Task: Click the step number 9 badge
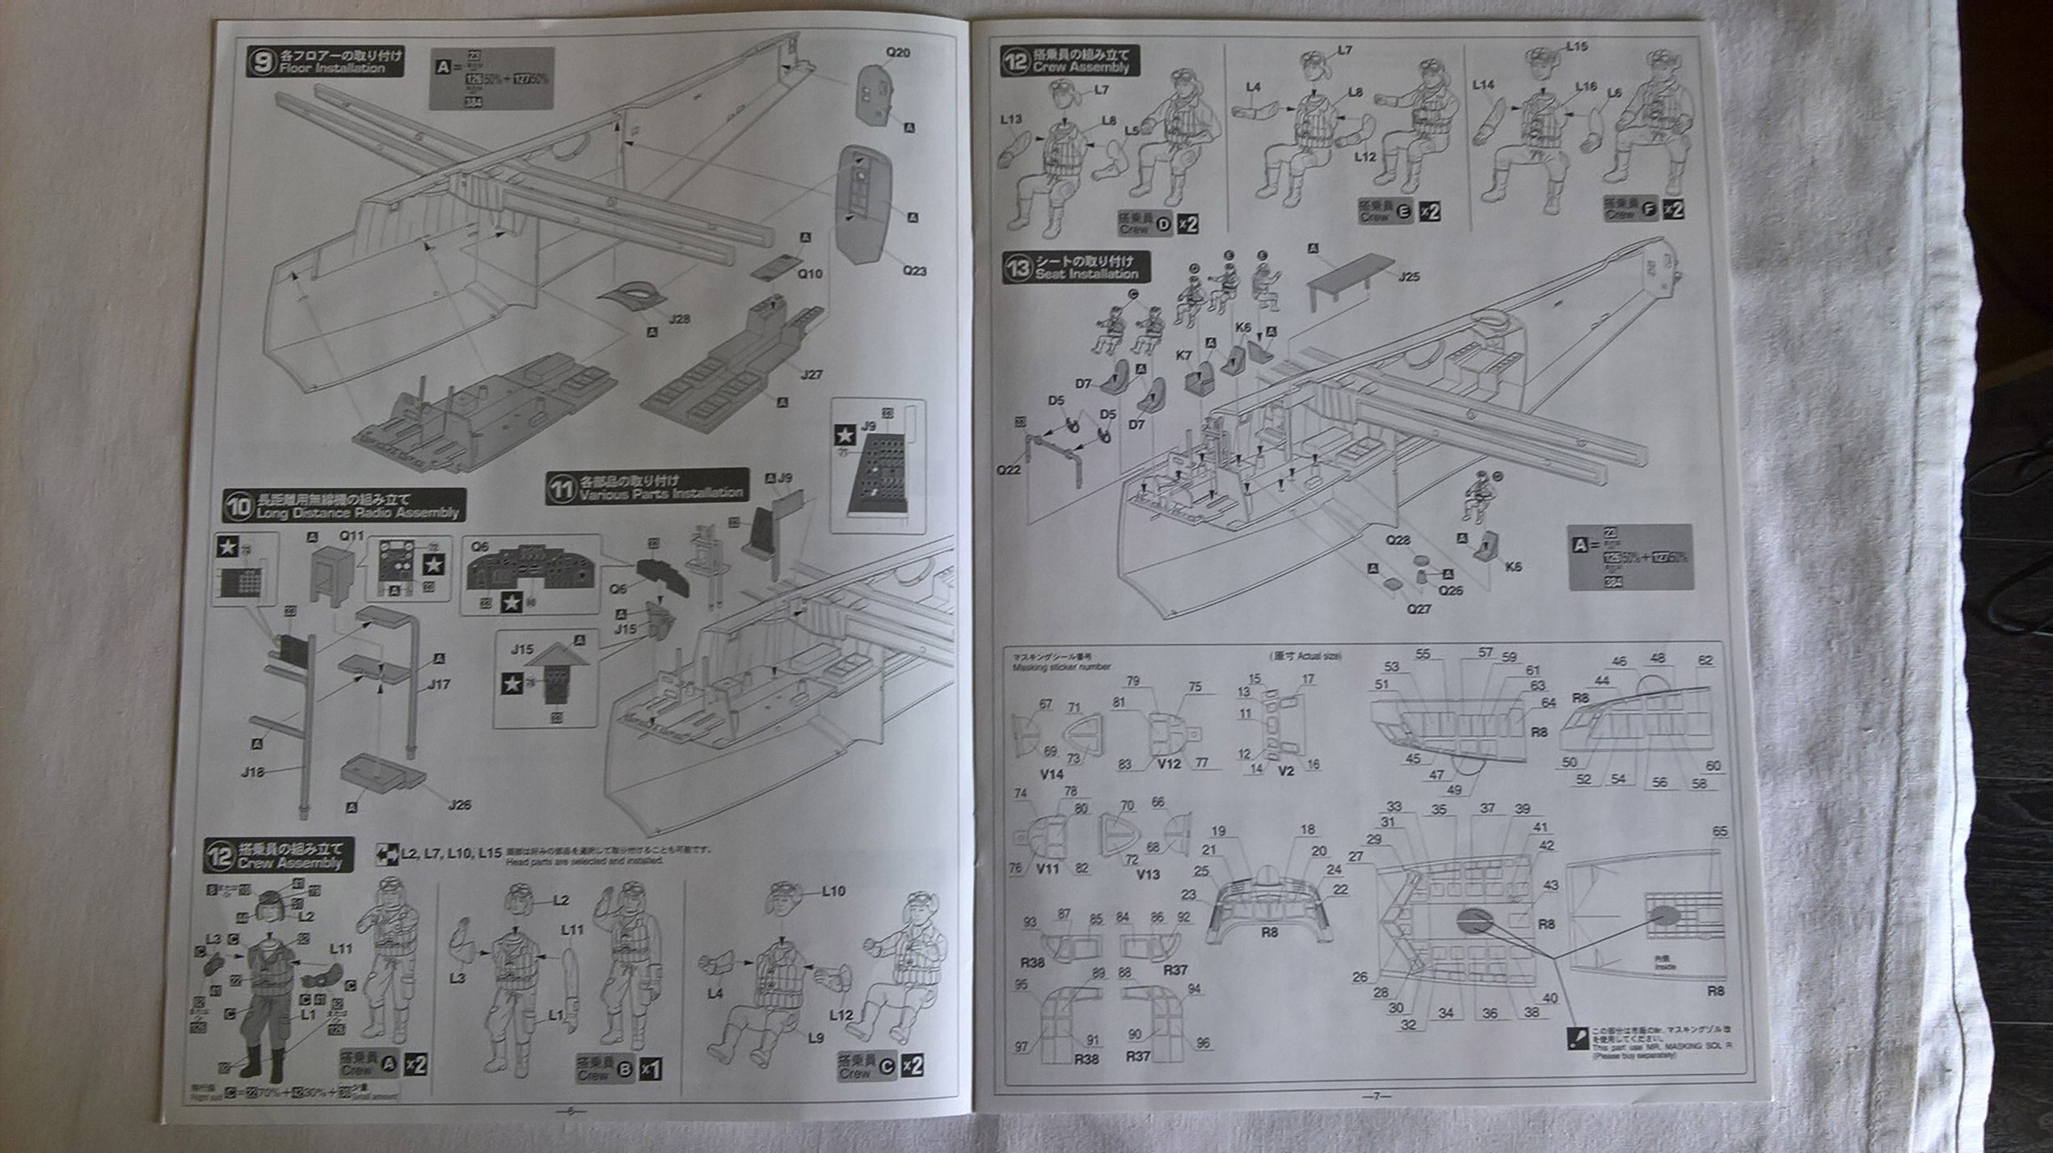pyautogui.click(x=262, y=62)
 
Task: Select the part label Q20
pyautogui.click(x=897, y=53)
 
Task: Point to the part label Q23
pyautogui.click(x=914, y=271)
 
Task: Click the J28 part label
pyautogui.click(x=679, y=319)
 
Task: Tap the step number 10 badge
pyautogui.click(x=238, y=507)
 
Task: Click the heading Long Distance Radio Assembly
pyautogui.click(x=357, y=513)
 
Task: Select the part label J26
pyautogui.click(x=458, y=805)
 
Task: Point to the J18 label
pyautogui.click(x=253, y=772)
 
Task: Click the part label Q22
pyautogui.click(x=1008, y=469)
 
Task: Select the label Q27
pyautogui.click(x=1419, y=608)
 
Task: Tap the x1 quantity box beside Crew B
pyautogui.click(x=650, y=1069)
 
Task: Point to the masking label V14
pyautogui.click(x=1052, y=774)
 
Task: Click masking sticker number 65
pyautogui.click(x=1719, y=831)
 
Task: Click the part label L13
pyautogui.click(x=1010, y=119)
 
